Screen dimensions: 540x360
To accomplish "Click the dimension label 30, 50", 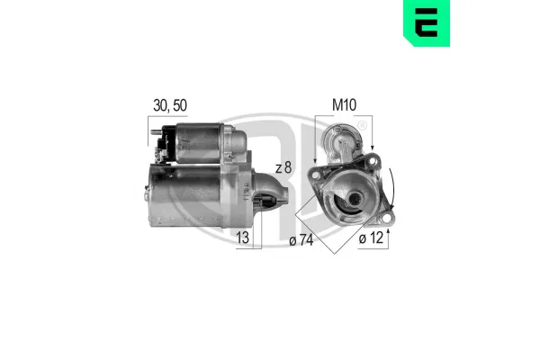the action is click(170, 105).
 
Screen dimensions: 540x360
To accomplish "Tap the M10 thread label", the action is click(344, 105).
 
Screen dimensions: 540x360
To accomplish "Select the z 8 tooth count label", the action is click(283, 167).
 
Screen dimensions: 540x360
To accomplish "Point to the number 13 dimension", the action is click(243, 238).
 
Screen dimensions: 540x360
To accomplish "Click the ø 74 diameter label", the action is click(301, 240).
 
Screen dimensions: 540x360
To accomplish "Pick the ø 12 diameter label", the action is click(371, 238).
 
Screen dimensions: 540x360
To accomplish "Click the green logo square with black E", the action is click(427, 23).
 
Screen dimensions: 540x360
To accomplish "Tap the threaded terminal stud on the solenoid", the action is click(156, 131).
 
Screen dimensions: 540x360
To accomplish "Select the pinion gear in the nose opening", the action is click(267, 201).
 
